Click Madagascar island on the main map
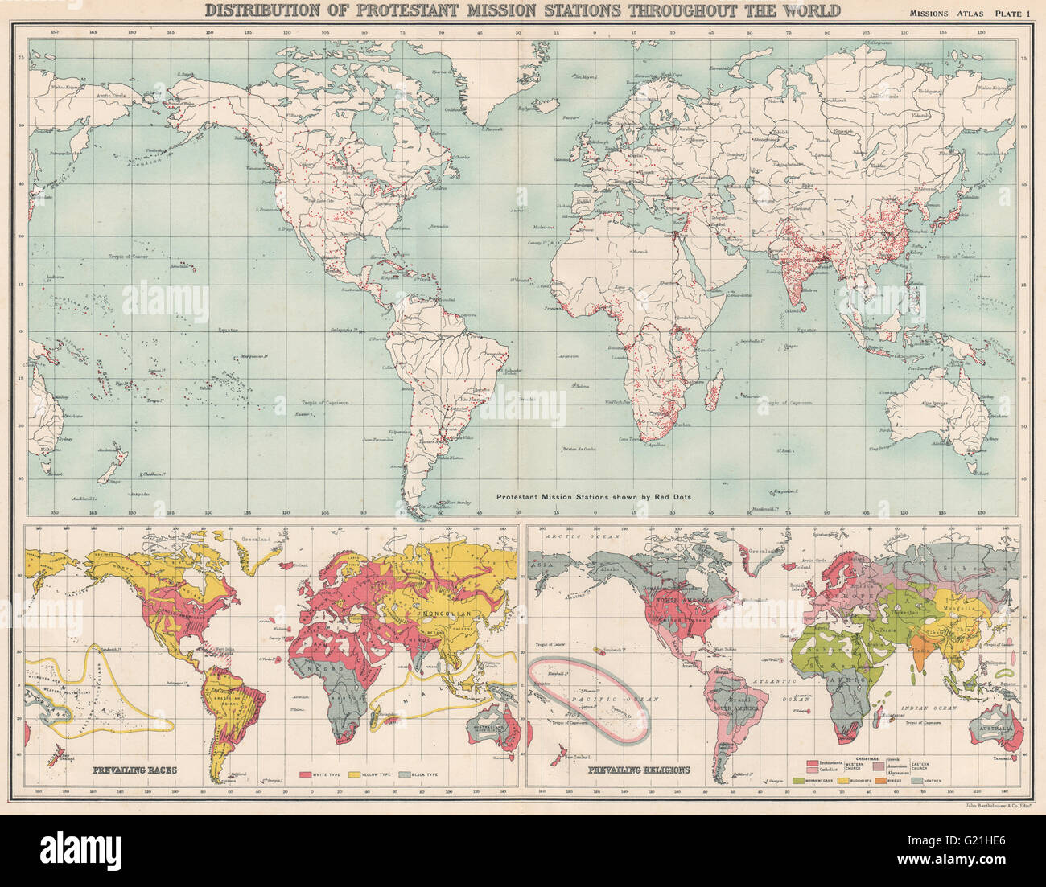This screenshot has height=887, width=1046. click(x=712, y=392)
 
